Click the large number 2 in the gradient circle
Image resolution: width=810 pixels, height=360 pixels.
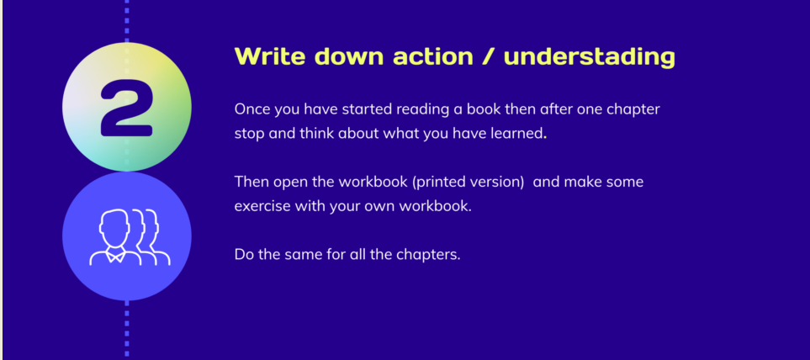(x=126, y=109)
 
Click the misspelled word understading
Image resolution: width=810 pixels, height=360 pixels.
(x=589, y=57)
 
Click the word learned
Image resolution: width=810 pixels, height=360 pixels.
(x=517, y=133)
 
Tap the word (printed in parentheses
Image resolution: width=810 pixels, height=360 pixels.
(x=439, y=182)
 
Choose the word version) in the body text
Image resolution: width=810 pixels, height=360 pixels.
(x=497, y=182)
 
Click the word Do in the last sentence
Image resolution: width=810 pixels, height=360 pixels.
(x=244, y=254)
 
